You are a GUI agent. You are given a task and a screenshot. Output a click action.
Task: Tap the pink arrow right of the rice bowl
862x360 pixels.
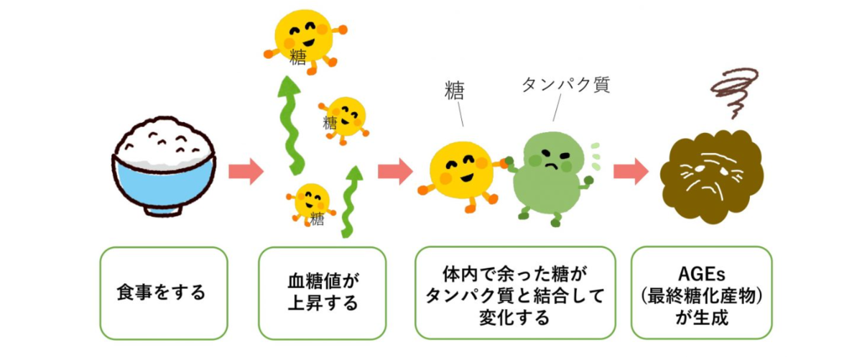click(x=246, y=171)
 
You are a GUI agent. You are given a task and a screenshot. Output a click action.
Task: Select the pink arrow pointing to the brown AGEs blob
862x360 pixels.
click(x=631, y=171)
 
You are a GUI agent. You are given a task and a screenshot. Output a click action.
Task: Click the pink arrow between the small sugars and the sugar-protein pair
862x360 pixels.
click(x=395, y=171)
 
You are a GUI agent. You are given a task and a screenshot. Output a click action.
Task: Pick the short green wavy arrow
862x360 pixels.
click(x=352, y=202)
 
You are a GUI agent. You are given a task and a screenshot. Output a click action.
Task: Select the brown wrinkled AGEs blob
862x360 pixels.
click(x=711, y=177)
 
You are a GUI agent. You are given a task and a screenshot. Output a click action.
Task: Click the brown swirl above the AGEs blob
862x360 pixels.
click(x=734, y=93)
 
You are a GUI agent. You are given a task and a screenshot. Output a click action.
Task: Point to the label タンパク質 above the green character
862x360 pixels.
click(x=566, y=84)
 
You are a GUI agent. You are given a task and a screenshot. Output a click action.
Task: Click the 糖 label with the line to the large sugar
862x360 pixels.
click(x=455, y=91)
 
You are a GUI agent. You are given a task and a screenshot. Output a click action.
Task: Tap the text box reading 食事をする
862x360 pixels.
click(x=164, y=293)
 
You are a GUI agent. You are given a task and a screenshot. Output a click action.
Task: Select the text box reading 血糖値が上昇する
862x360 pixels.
click(x=323, y=293)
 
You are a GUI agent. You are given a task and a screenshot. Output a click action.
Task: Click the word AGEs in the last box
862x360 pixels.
click(x=702, y=274)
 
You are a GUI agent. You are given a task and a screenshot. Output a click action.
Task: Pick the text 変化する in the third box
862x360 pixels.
click(x=514, y=318)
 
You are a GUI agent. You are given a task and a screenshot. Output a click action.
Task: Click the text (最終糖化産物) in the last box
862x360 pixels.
click(x=702, y=296)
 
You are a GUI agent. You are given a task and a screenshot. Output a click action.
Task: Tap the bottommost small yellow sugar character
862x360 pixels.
click(x=311, y=204)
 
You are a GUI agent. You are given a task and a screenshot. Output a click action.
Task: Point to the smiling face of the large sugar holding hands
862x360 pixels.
click(x=462, y=170)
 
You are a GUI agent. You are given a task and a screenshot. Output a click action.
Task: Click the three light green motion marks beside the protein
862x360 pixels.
click(x=595, y=157)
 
